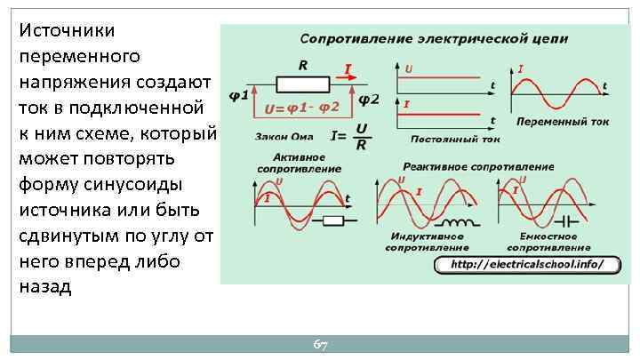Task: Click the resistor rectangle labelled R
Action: [x=303, y=84]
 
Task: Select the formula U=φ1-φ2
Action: [x=301, y=109]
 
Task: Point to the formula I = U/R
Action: [x=349, y=136]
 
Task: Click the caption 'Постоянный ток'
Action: [x=455, y=139]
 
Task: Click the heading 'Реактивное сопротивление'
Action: [x=478, y=166]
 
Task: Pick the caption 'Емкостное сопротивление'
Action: [x=542, y=242]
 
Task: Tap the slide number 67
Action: [x=321, y=344]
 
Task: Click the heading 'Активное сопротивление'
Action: [x=286, y=163]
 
